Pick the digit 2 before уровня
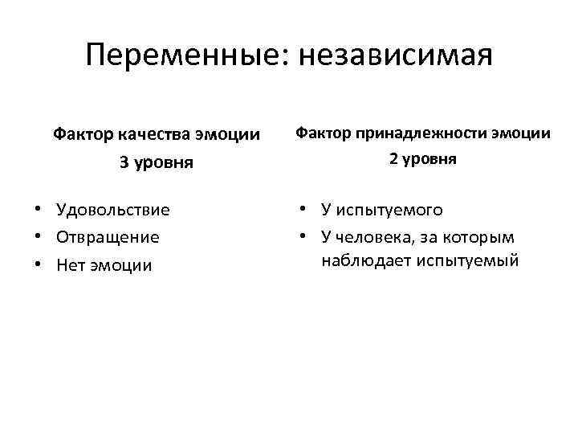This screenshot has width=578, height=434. (x=393, y=159)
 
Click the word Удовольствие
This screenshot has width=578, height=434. (x=113, y=211)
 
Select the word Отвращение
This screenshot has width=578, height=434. (x=108, y=238)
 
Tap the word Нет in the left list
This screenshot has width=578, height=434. (x=70, y=265)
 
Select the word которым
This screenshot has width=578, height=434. (x=482, y=236)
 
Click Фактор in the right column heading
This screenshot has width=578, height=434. (x=325, y=133)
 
